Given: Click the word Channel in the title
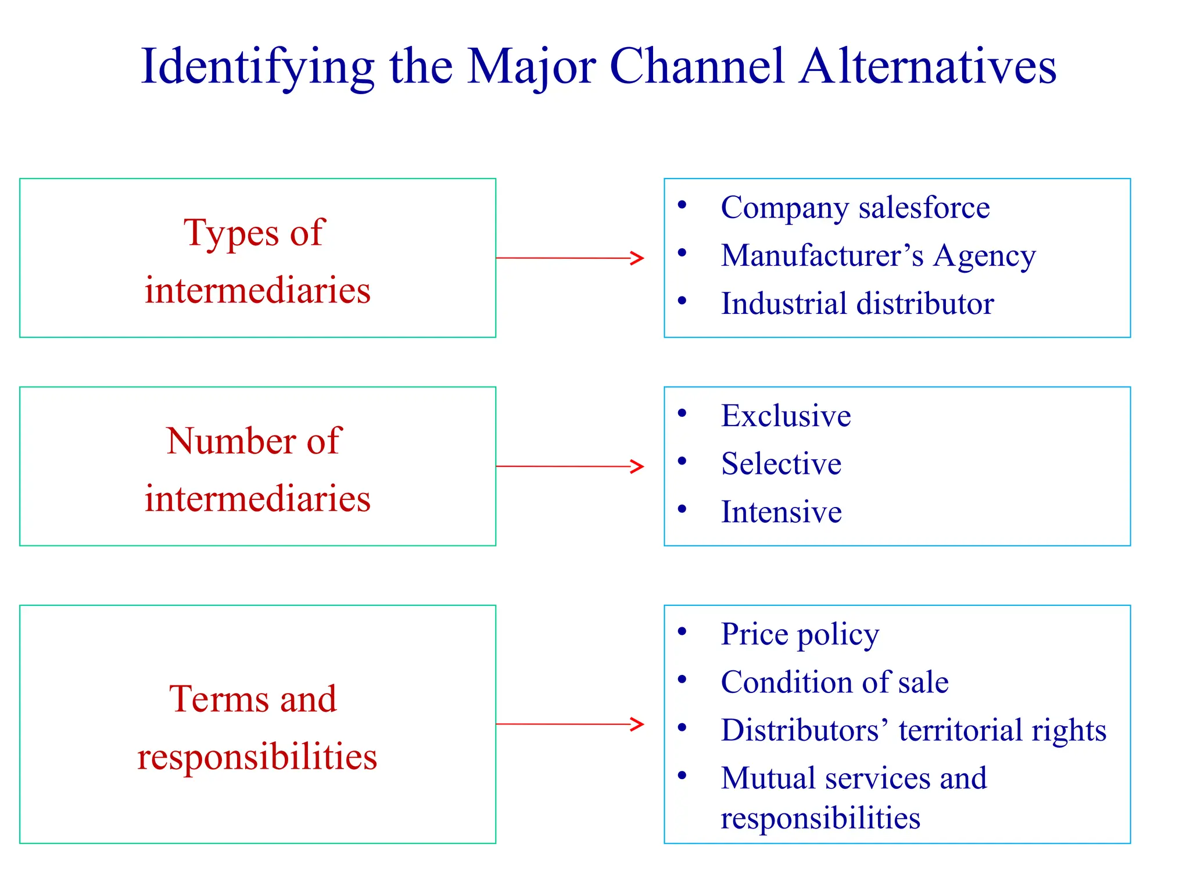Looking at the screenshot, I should pos(697,66).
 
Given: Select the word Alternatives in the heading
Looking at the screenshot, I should pos(927,66).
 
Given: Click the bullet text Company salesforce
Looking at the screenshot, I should pos(855,208).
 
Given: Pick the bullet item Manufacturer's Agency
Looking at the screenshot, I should pos(878,256).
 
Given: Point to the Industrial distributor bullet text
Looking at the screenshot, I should pos(857,303).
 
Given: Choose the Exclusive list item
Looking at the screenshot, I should pos(786,416).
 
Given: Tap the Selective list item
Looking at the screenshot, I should pos(781,464).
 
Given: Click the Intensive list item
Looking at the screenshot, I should pos(781,512).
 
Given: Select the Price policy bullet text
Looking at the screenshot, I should pos(800,634).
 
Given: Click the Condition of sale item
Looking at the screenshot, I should pos(834,682).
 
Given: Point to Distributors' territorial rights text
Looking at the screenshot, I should pos(913,730).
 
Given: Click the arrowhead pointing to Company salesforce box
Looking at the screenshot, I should pos(638,258).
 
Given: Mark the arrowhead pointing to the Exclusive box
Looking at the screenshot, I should pos(638,466).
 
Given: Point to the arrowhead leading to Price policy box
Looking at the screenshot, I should pos(638,724).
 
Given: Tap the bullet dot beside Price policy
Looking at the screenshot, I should pos(682,631).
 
